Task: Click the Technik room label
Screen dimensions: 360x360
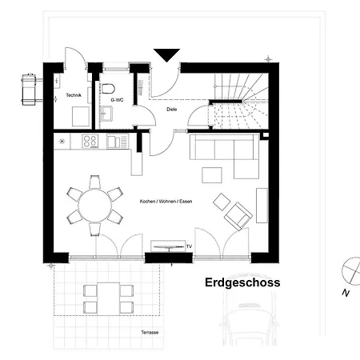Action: pos(74,95)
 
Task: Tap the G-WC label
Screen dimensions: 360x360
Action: pos(117,100)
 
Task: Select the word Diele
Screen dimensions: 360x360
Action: pos(172,110)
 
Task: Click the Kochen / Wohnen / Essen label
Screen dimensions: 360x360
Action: pos(166,202)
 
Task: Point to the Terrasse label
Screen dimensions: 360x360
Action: pos(150,333)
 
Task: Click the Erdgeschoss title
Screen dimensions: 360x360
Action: pos(242,282)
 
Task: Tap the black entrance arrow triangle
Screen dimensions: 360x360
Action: pos(166,55)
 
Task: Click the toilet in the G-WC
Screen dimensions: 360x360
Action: pos(108,89)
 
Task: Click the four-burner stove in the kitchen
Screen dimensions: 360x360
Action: pos(90,142)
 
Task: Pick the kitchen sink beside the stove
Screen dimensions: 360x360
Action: pos(118,142)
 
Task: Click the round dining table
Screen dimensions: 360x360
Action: pos(94,206)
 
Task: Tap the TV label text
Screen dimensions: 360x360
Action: pos(189,246)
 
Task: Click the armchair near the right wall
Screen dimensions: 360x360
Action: pos(238,216)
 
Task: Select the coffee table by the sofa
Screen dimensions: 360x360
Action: pos(212,175)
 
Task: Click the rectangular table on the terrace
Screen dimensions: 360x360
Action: pos(108,299)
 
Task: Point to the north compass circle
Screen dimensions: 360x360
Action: pos(352,270)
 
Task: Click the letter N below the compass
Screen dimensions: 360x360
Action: pos(346,293)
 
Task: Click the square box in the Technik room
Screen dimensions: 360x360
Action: pos(81,116)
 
